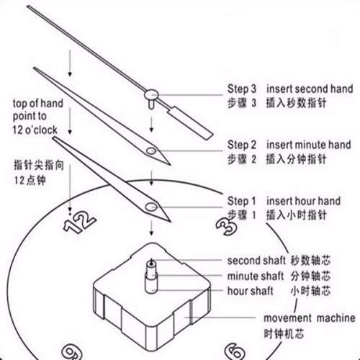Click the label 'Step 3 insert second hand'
290,89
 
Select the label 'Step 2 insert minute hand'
290,144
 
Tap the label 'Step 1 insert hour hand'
285,200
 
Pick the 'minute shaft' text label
257,276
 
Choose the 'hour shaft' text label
253,291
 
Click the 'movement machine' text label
309,318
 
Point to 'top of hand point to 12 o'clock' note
37,114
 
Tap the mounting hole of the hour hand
152,208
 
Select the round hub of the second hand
150,94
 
